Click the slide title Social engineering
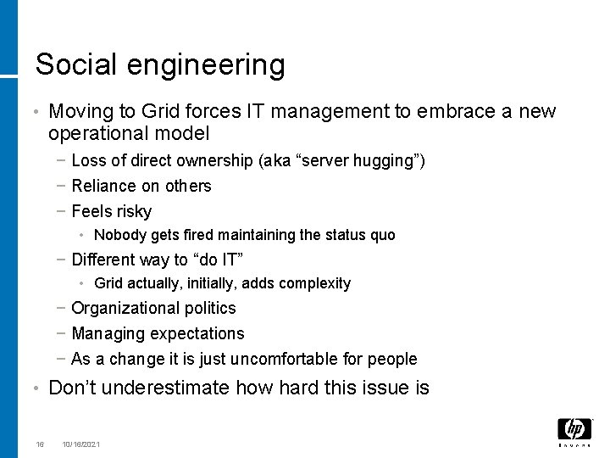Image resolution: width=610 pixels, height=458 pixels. [160, 64]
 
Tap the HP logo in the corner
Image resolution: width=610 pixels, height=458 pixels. [574, 430]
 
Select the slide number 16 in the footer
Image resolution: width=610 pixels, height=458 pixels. [40, 444]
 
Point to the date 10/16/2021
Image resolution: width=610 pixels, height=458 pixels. [81, 444]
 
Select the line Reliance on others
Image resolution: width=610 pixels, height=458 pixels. [141, 186]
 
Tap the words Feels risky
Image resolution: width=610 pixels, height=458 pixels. [112, 211]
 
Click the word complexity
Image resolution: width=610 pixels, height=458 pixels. [316, 283]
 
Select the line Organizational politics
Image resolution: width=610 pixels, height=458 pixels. [153, 308]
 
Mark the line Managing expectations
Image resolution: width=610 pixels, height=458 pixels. [158, 333]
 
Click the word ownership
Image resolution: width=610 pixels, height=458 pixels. [213, 160]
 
